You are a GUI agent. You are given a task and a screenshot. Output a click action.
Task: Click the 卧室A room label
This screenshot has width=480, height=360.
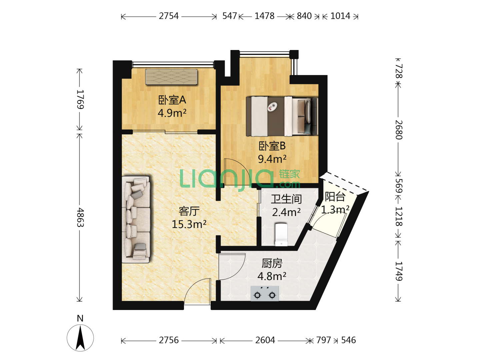coord(172,100)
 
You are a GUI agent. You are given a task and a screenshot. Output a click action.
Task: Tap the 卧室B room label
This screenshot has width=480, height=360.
coord(272,146)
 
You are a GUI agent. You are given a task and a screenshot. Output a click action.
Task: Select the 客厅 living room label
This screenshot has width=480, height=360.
coord(189,211)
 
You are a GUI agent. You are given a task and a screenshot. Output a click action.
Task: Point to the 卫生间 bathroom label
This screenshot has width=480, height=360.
coord(286,199)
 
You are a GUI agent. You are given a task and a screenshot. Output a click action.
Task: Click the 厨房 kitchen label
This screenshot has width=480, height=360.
coord(272,263)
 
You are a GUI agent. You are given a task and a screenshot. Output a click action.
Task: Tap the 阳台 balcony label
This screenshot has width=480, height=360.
coord(335,197)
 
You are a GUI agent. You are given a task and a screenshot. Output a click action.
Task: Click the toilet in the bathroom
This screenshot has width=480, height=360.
coord(281,234)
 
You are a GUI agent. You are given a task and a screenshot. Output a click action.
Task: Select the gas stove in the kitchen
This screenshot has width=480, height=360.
coord(265,293)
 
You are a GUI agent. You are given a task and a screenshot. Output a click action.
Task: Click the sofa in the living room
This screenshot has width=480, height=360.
coord(136,219)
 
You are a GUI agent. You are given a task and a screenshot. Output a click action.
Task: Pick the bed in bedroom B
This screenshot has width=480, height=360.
coord(282,116)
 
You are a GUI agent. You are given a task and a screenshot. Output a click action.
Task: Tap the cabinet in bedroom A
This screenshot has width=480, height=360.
coord(171,77)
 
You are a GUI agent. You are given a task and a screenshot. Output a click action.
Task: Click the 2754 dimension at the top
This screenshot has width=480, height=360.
coord(169,16)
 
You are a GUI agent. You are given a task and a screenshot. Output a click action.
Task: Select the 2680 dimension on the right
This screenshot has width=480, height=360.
coord(399,130)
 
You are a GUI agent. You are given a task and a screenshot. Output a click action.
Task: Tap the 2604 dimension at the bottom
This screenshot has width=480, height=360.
coord(265,340)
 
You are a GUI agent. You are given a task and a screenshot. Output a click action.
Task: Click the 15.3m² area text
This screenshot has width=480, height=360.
coord(189,224)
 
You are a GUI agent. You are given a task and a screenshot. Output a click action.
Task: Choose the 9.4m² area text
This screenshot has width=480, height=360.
coord(272,159)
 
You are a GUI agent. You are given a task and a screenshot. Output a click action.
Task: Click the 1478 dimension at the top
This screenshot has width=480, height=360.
coord(264,16)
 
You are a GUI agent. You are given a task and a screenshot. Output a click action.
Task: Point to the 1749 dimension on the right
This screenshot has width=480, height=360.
coord(399,271)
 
